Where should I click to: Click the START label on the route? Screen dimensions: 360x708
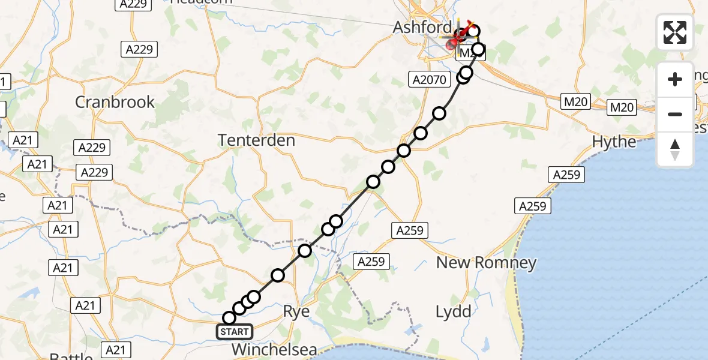point(235,331)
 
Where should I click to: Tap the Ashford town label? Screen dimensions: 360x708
point(422,27)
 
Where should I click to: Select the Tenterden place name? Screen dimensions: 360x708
point(257,140)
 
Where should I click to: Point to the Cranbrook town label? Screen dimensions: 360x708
point(115,102)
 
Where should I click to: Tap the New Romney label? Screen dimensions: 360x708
point(486,262)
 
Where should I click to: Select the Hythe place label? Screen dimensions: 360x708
point(614,142)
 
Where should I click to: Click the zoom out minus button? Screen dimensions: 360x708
point(675,114)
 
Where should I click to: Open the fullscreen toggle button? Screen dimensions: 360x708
point(675,32)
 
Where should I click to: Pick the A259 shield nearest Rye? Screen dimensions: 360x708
point(371,261)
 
